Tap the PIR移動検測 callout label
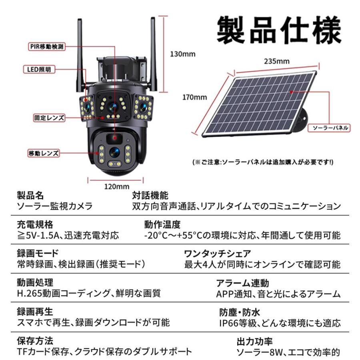pos(47,46)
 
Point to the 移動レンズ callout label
pos(44,153)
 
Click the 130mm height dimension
pos(183,54)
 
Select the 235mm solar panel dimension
pos(276,61)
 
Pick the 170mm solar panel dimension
pos(194,97)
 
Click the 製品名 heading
pos(30,196)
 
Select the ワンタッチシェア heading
pos(217,254)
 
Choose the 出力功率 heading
pos(255,342)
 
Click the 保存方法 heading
pos(35,341)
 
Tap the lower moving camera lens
pos(114,152)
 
